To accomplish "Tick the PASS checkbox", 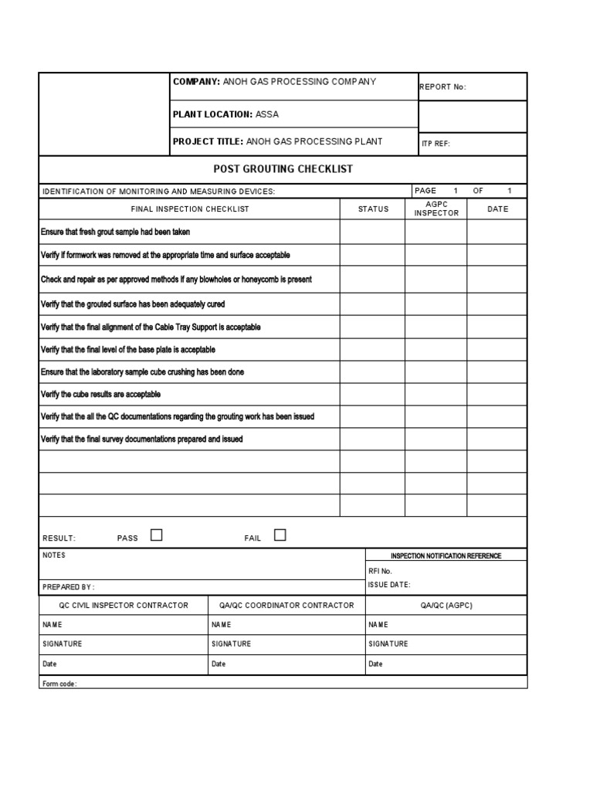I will click(x=157, y=535).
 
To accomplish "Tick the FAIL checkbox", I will click(x=280, y=535).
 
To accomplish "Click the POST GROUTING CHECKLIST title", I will click(x=283, y=169).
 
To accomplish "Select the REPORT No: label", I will click(x=442, y=87).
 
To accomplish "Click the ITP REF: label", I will click(x=435, y=144).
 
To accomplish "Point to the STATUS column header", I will click(x=373, y=209).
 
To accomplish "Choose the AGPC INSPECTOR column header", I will click(x=436, y=209).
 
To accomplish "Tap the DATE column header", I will click(x=498, y=209).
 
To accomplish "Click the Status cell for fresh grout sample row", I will click(x=372, y=232).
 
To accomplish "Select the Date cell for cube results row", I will click(x=497, y=395).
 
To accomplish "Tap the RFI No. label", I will click(x=380, y=571).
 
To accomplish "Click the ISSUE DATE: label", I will click(x=389, y=585).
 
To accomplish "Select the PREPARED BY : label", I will click(x=69, y=587).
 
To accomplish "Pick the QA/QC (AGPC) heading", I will click(x=446, y=606).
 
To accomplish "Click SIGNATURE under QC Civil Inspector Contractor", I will click(x=63, y=644).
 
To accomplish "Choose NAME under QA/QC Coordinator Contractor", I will click(x=221, y=625).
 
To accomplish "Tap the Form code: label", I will click(x=59, y=684).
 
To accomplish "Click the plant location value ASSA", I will click(x=267, y=114).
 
